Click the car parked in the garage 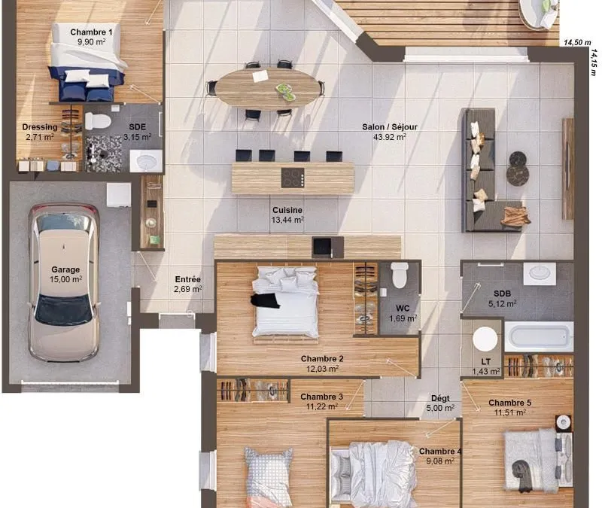[x=64, y=283]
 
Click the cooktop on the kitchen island [x=293, y=178]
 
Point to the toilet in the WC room [x=400, y=275]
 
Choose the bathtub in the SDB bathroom [x=539, y=336]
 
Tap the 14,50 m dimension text [x=577, y=43]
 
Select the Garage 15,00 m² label [x=65, y=275]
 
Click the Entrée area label [x=187, y=284]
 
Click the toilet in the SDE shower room [x=98, y=121]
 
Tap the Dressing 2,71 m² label [x=40, y=132]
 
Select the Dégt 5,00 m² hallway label [x=440, y=403]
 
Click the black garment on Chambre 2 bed [x=265, y=300]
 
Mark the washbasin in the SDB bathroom [x=540, y=273]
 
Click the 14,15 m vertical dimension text [x=594, y=62]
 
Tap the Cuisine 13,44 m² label [x=287, y=215]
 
